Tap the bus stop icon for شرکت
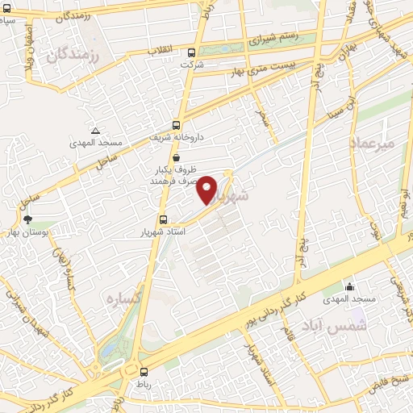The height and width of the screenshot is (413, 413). [191, 52]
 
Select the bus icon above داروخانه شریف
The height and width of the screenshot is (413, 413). [177, 125]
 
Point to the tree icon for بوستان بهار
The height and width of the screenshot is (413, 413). [28, 219]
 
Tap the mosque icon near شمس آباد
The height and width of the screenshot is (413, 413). [349, 287]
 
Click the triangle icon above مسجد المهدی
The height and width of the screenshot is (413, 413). [96, 131]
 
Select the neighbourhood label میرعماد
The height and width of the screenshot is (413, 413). [372, 142]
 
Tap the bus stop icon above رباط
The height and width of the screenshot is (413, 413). [144, 372]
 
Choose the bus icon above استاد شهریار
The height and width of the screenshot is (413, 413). [163, 219]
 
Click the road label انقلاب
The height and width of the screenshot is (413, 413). [159, 50]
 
